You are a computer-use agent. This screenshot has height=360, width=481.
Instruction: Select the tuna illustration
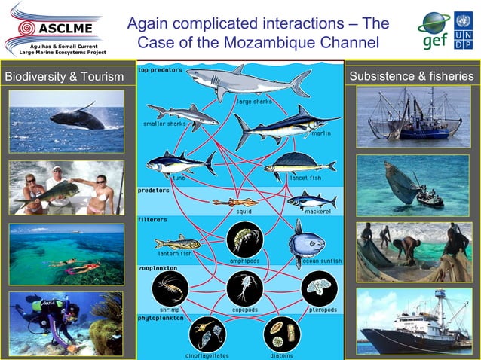(179, 163)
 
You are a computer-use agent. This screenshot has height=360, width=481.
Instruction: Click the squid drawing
(235, 201)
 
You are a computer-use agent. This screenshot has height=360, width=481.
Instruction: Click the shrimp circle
(169, 288)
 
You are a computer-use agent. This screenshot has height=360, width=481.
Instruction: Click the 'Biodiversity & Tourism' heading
(64, 76)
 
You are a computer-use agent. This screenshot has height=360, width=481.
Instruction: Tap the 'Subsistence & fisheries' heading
(412, 76)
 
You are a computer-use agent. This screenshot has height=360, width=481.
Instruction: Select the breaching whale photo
(66, 121)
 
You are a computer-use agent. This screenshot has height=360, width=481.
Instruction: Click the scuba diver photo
(66, 324)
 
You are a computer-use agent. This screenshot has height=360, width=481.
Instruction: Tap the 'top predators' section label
(160, 69)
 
